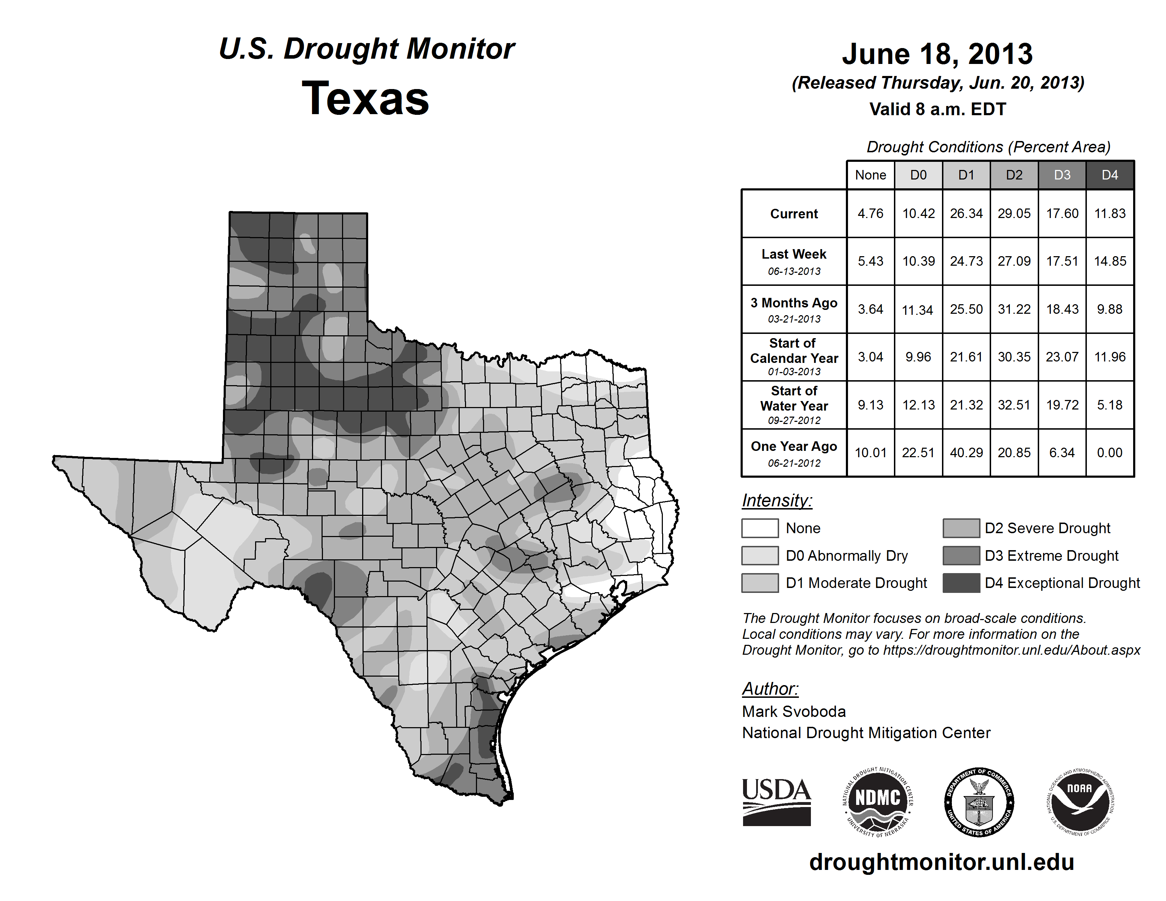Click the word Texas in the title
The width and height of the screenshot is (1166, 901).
[365, 99]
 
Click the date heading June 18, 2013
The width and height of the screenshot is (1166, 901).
[937, 54]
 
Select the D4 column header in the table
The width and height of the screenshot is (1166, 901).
[1109, 175]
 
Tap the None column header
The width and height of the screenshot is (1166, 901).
[870, 175]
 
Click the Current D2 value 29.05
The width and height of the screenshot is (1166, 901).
[1014, 213]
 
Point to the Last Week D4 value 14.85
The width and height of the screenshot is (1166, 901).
[1110, 261]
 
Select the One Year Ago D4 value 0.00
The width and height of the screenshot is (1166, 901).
[1109, 453]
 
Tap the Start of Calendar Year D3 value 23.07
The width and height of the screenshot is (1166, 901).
[1062, 357]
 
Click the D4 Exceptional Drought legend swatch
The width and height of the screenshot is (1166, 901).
[961, 583]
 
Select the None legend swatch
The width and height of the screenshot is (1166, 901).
[760, 528]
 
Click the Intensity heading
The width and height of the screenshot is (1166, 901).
[777, 501]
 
